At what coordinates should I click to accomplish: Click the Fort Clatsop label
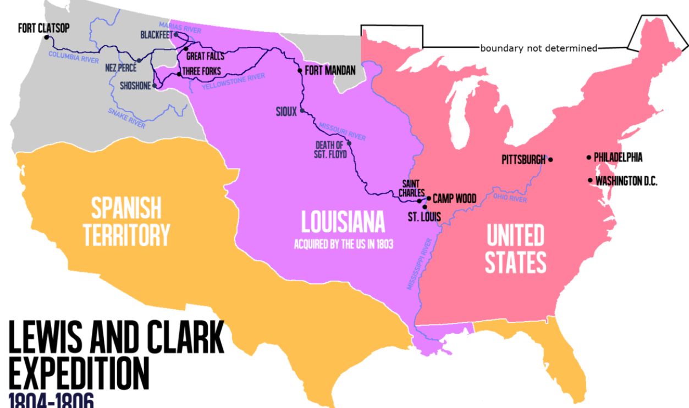pos(44,28)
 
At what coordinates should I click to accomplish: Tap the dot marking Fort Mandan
pos(300,70)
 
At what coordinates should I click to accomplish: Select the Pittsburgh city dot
pos(550,160)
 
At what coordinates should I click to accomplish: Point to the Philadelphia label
pos(618,158)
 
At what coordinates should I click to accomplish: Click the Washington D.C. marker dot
pos(590,180)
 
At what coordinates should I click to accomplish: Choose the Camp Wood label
pos(454,198)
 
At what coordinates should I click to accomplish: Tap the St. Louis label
pos(424,216)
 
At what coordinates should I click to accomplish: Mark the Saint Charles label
pos(413,188)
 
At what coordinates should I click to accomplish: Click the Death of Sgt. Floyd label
pos(329,149)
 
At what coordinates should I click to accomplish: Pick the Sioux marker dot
pos(302,111)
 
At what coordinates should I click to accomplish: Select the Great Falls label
pos(205,56)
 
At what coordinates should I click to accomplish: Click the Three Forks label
pos(201,71)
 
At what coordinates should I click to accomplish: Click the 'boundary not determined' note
pos(538,48)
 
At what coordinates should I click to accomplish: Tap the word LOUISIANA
pos(343,221)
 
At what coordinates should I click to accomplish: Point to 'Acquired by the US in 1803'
pos(344,245)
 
